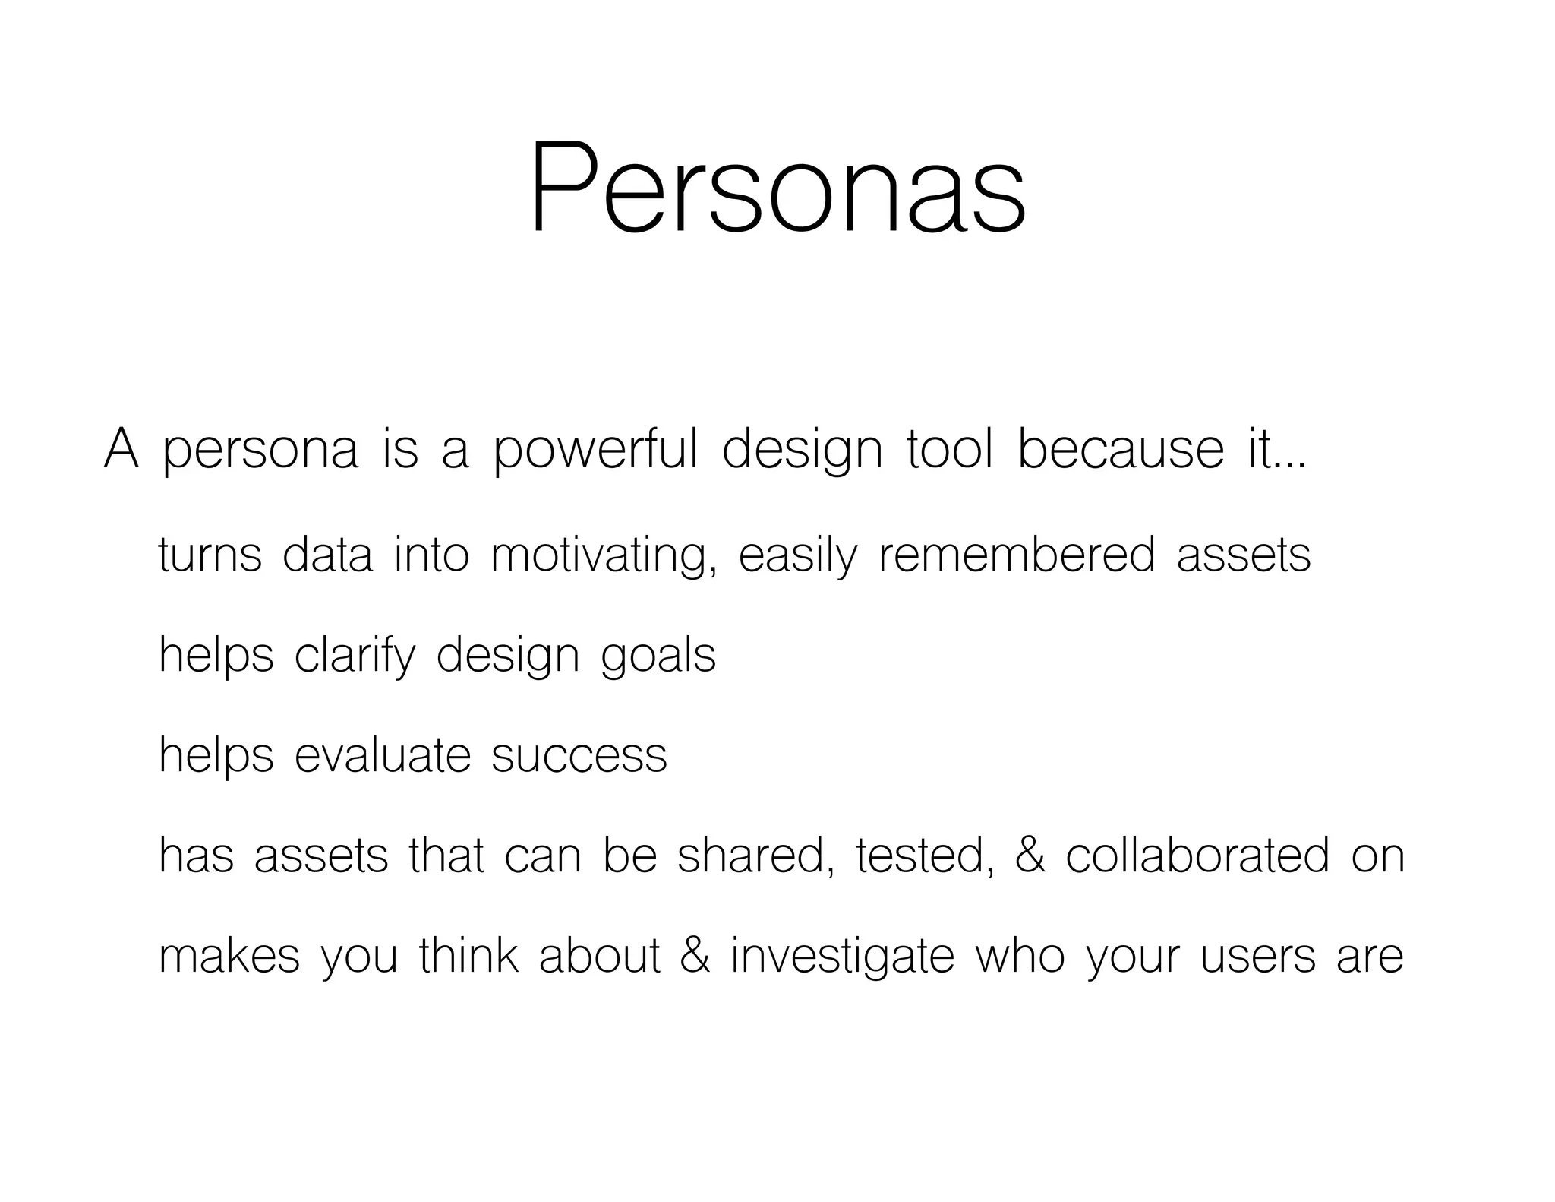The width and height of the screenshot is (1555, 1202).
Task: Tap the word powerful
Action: [595, 450]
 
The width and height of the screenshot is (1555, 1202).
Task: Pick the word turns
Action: [210, 554]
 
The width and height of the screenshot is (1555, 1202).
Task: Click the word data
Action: [327, 554]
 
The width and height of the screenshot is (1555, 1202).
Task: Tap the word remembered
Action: [1017, 554]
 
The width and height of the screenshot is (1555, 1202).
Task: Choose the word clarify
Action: [355, 655]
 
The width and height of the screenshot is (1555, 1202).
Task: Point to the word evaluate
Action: [383, 755]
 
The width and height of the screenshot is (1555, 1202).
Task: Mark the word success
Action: [579, 757]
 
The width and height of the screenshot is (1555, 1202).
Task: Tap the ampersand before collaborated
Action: [1030, 855]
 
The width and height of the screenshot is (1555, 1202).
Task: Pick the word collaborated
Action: [1197, 855]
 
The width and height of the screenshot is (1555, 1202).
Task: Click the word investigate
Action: [842, 957]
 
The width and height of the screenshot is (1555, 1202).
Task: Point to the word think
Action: [468, 956]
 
